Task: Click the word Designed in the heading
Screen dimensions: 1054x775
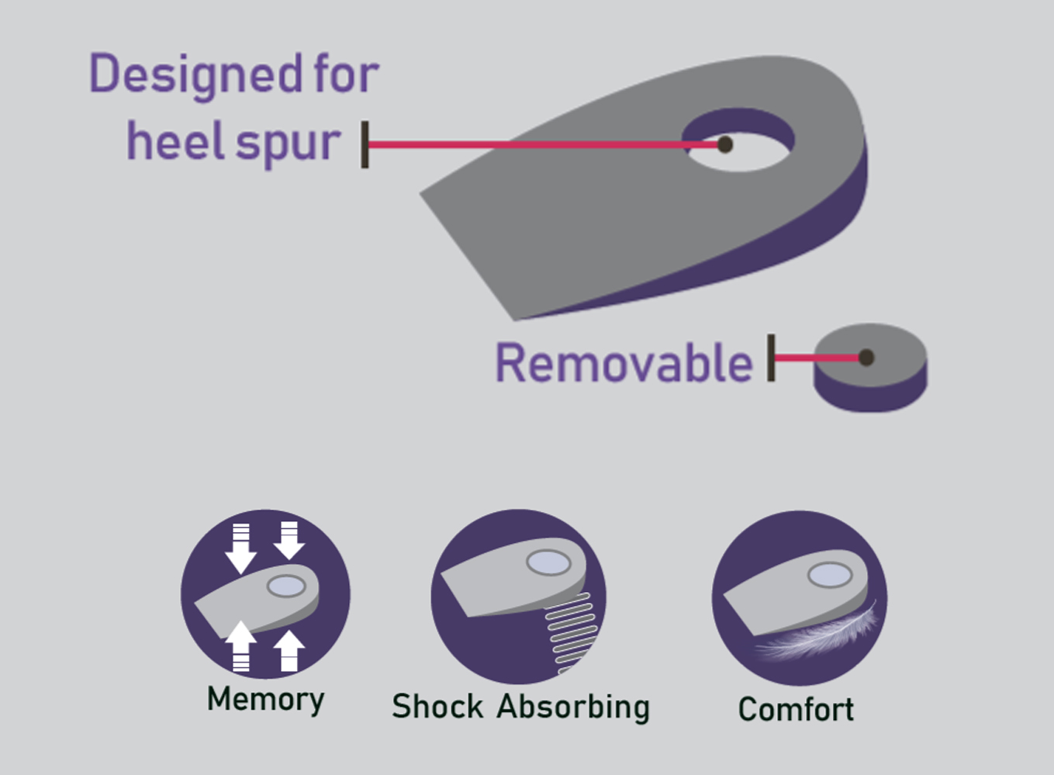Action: (x=196, y=75)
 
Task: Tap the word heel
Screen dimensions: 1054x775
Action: (x=175, y=141)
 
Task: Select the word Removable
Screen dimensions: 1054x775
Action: (x=624, y=363)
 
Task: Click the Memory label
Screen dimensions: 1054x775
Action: (x=265, y=700)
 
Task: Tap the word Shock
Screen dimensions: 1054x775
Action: (x=437, y=707)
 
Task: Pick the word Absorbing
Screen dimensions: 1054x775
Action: (x=573, y=707)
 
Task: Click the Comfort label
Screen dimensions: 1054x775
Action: (x=796, y=709)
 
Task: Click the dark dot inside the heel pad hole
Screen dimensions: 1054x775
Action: (x=725, y=144)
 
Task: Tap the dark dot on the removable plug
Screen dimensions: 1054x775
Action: (x=866, y=358)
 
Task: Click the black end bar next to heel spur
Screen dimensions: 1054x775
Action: (x=365, y=144)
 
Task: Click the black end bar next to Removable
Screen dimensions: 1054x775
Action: (x=771, y=358)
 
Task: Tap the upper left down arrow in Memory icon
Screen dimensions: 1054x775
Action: (x=240, y=547)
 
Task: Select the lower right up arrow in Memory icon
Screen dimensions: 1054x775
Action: (x=289, y=649)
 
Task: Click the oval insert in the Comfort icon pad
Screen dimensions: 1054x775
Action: (x=830, y=575)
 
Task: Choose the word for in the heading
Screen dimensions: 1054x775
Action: (x=346, y=75)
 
